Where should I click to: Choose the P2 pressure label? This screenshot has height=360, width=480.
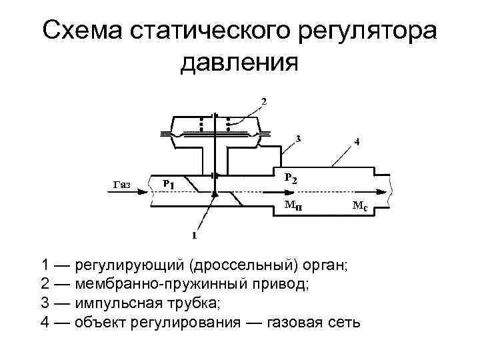click(291, 178)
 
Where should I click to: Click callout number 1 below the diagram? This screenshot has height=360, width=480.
click(195, 235)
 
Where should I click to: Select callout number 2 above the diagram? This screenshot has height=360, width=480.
click(264, 101)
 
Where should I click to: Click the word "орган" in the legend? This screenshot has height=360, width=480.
click(323, 265)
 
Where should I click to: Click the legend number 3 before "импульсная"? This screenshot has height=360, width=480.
click(45, 304)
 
